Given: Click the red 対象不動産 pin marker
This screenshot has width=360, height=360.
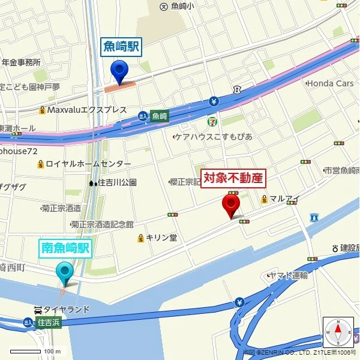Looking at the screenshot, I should pyautogui.click(x=231, y=205).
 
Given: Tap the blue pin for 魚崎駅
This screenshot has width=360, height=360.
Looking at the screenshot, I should pyautogui.click(x=120, y=72).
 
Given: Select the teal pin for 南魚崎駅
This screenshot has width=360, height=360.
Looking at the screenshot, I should pyautogui.click(x=64, y=273).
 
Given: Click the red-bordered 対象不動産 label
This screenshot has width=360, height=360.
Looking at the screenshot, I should pyautogui.click(x=233, y=178).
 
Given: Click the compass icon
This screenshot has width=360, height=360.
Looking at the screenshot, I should pyautogui.click(x=338, y=332).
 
